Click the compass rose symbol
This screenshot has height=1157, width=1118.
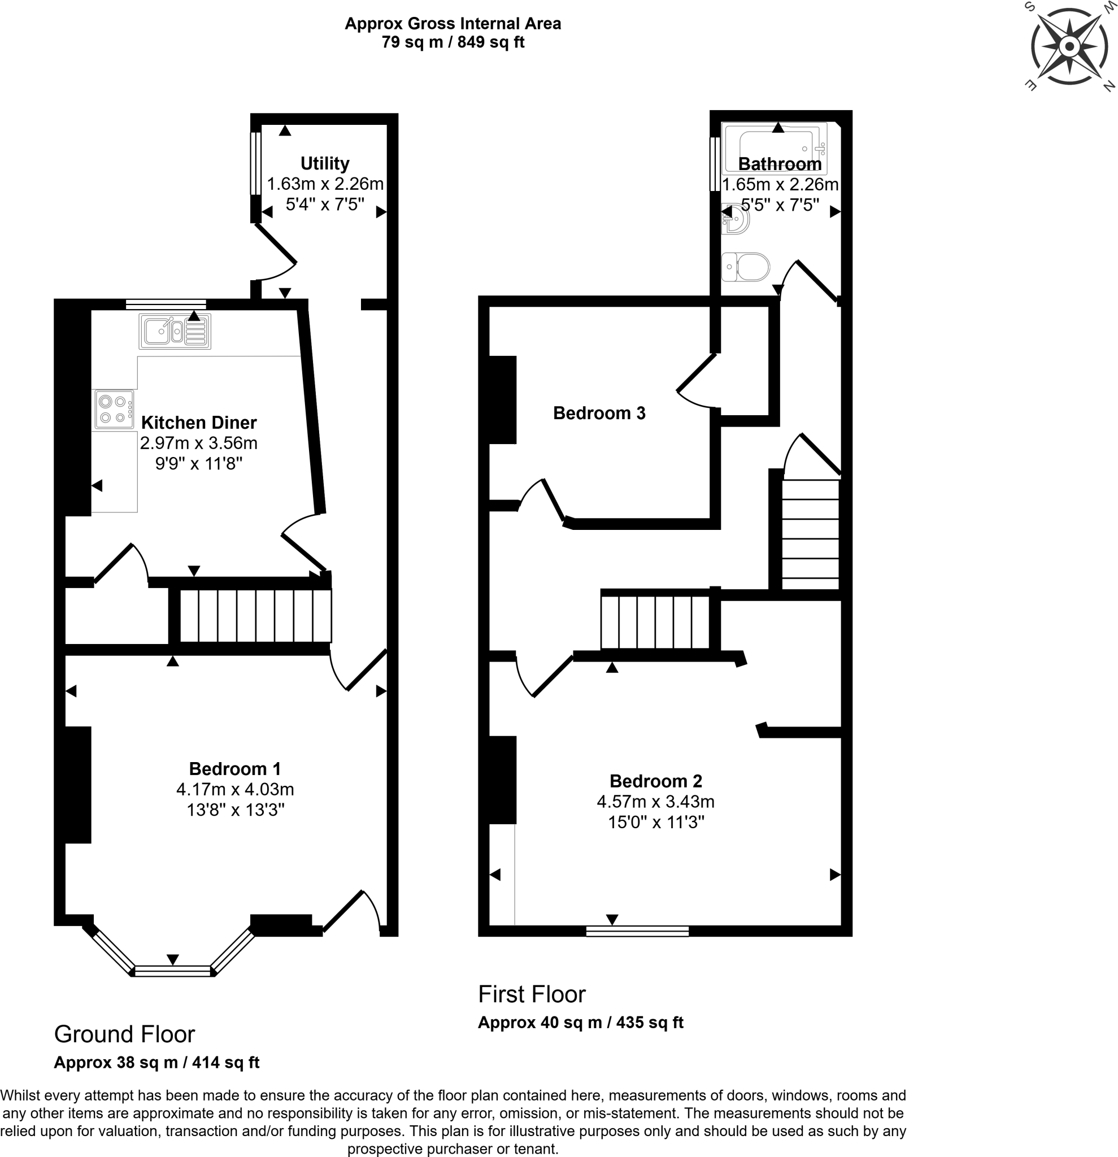coord(1069,47)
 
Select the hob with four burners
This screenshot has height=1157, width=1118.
coord(114,409)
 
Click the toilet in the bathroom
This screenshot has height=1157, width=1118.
coord(747,267)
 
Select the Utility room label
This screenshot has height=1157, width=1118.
coord(325,163)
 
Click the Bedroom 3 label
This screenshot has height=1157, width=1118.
coord(599,412)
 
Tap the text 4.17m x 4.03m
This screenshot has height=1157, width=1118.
coord(235,789)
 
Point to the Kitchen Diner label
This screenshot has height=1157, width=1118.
coord(199,422)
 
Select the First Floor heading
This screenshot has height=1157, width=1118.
coord(531,994)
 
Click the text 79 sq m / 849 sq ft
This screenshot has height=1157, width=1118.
coord(453,42)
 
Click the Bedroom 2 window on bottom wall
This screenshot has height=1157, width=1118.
coord(637,931)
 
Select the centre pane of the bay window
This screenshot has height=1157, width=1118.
coord(172,971)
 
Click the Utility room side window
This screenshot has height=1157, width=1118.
coord(255,163)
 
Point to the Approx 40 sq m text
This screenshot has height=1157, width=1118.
coord(580,1023)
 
